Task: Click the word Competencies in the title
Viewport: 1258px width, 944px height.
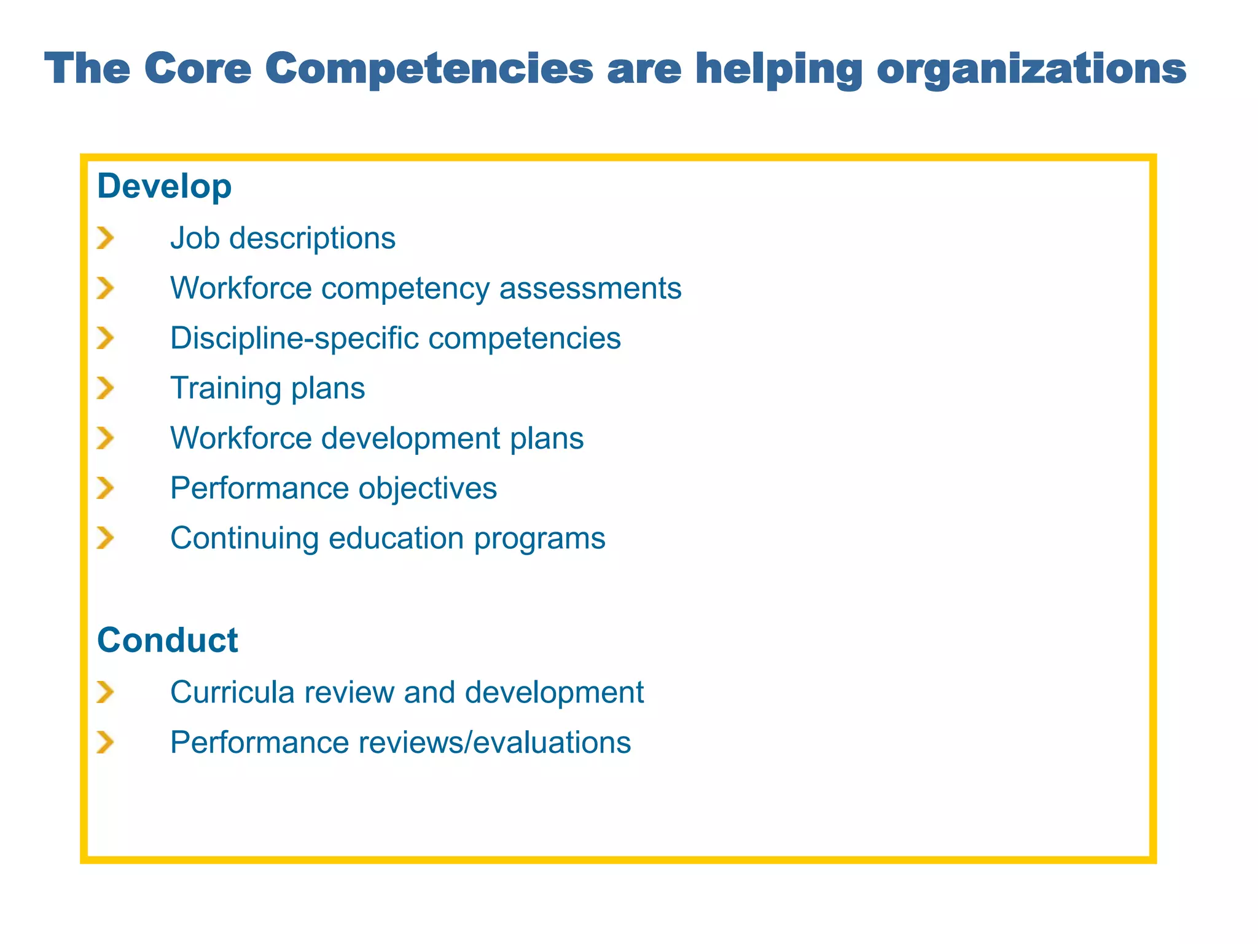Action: [x=429, y=68]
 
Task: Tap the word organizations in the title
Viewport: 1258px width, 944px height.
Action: [x=1031, y=69]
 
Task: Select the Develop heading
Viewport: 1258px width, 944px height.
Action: [x=165, y=187]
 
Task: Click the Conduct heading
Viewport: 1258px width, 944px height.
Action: [x=167, y=640]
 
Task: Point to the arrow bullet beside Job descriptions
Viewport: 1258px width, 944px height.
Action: [x=106, y=238]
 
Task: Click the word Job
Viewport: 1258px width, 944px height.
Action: [x=195, y=238]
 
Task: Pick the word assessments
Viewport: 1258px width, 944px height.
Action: [x=590, y=288]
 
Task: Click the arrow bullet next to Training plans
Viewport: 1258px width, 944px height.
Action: [x=106, y=388]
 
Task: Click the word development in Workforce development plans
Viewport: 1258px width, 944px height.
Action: [x=411, y=439]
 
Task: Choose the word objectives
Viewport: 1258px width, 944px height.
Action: [x=428, y=489]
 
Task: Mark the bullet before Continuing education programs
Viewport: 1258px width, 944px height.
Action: [x=106, y=538]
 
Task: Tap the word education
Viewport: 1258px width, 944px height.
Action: [x=396, y=538]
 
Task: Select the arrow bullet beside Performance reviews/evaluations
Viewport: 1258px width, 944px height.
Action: [x=106, y=742]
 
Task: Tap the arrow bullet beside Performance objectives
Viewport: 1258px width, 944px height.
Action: [x=106, y=489]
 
